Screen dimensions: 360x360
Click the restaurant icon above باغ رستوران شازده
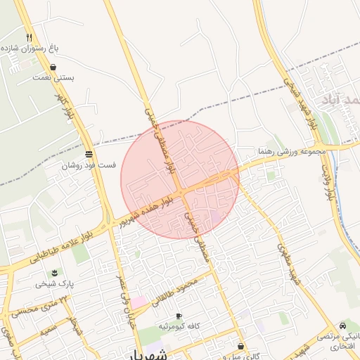pos(29,37)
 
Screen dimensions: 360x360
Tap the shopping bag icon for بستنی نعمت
pos(54,67)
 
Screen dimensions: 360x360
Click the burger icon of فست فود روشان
pos(89,154)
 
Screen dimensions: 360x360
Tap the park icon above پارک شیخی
pos(54,273)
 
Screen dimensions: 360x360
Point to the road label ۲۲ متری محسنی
pos(44,305)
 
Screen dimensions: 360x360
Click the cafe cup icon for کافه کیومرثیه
pos(179,316)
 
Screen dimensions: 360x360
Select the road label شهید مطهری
pos(288,264)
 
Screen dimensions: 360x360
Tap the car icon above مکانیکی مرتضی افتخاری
pos(342,326)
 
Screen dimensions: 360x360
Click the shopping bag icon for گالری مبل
pos(240,347)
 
